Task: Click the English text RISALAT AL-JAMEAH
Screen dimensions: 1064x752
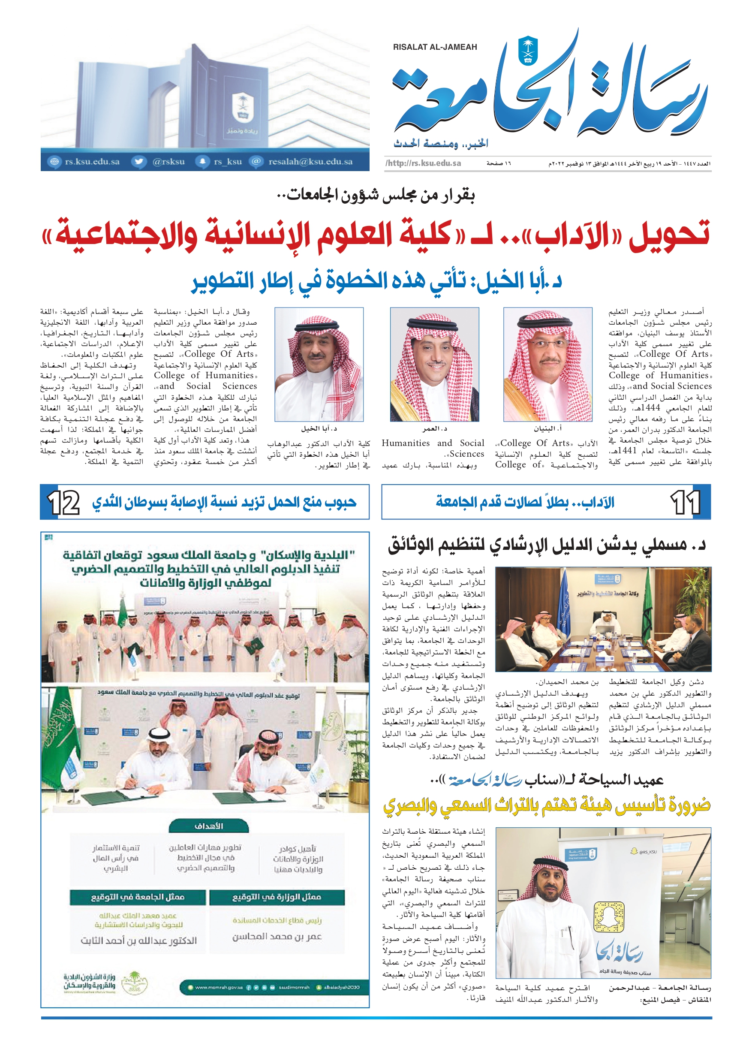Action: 435,47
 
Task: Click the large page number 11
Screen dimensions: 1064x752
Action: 685,502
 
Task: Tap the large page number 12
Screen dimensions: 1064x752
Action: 63,502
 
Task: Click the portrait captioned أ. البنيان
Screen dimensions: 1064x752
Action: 547,364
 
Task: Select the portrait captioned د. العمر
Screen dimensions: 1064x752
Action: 434,364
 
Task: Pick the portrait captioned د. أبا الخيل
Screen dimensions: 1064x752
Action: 319,364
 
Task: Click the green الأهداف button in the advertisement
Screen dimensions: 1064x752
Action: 208,826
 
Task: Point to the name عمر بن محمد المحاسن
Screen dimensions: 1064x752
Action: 277,936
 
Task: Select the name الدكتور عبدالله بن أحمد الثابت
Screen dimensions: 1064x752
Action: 138,940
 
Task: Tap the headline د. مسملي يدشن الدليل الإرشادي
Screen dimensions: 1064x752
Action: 547,545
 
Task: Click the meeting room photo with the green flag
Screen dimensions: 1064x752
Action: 603,619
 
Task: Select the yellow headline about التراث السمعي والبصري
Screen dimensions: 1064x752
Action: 547,806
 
